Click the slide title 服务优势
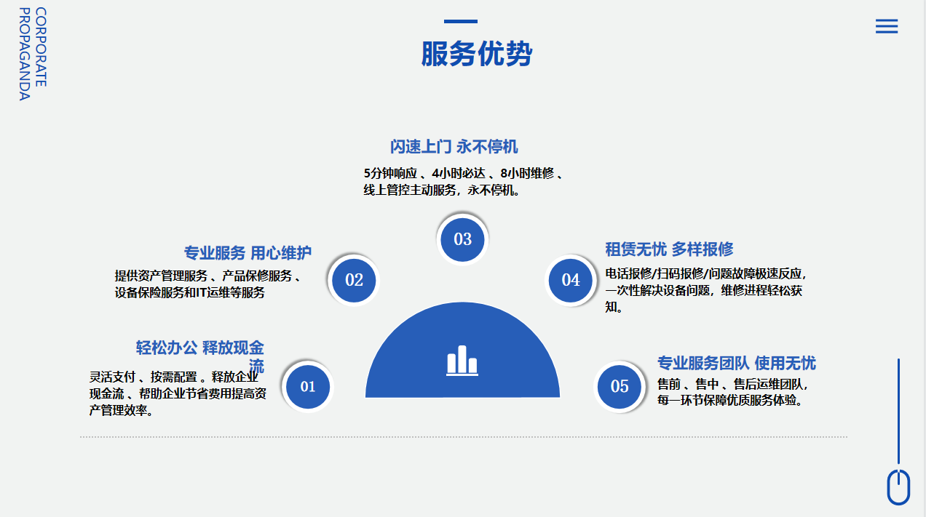pyautogui.click(x=477, y=54)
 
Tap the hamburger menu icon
pyautogui.click(x=887, y=26)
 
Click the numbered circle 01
pyautogui.click(x=308, y=387)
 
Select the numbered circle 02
pyautogui.click(x=354, y=280)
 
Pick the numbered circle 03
pyautogui.click(x=462, y=239)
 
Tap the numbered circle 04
pyautogui.click(x=571, y=280)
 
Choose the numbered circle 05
pyautogui.click(x=620, y=387)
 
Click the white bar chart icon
pyautogui.click(x=462, y=361)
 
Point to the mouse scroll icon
pyautogui.click(x=898, y=487)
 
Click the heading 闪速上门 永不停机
pyautogui.click(x=454, y=147)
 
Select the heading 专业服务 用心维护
pyautogui.click(x=248, y=253)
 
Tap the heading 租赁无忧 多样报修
pyautogui.click(x=669, y=249)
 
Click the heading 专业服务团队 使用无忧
pyautogui.click(x=737, y=363)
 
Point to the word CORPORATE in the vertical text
pyautogui.click(x=41, y=47)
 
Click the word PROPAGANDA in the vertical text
pyautogui.click(x=25, y=54)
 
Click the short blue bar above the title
pyautogui.click(x=461, y=22)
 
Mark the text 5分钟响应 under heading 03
pyautogui.click(x=390, y=173)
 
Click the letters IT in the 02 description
pyautogui.click(x=202, y=292)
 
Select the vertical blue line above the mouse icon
pyautogui.click(x=898, y=411)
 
